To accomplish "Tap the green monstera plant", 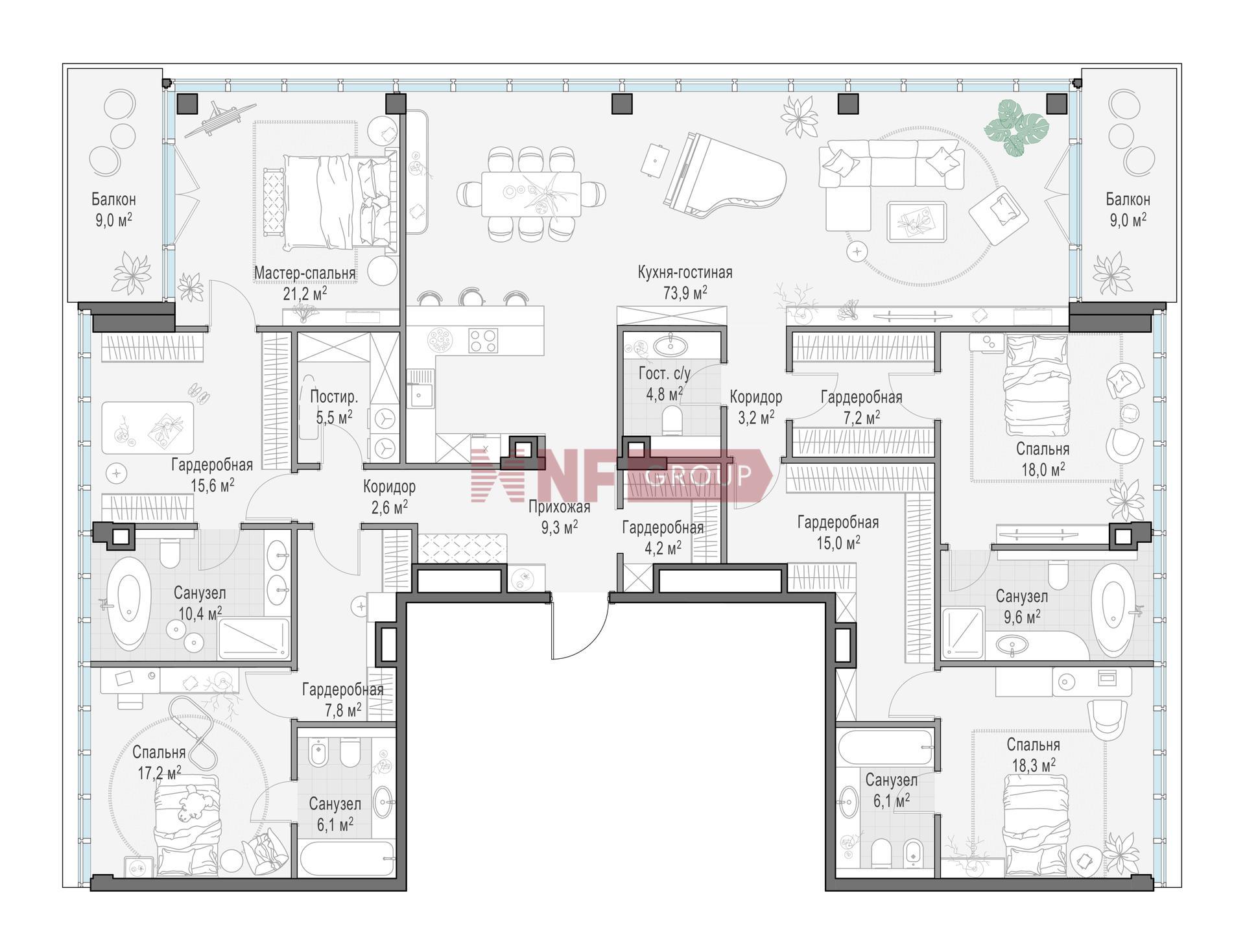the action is (x=1016, y=127).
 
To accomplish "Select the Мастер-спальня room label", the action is (x=305, y=273).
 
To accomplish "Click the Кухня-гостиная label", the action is (x=685, y=272).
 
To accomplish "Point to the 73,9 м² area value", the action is (x=685, y=292).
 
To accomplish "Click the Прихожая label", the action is (x=559, y=507).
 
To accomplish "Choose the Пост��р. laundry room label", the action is (x=334, y=397).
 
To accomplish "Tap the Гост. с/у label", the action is (x=665, y=374).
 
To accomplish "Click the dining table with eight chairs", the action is (x=531, y=194).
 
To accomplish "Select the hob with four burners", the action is (x=483, y=340).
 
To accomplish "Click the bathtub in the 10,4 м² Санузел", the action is (x=128, y=602).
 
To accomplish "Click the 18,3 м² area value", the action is (x=1034, y=766).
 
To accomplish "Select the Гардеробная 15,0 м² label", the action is (x=838, y=532).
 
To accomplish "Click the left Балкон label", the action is (x=113, y=199).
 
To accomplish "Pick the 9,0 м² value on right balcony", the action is (x=1128, y=220).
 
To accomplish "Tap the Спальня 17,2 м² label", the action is (x=159, y=762).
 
